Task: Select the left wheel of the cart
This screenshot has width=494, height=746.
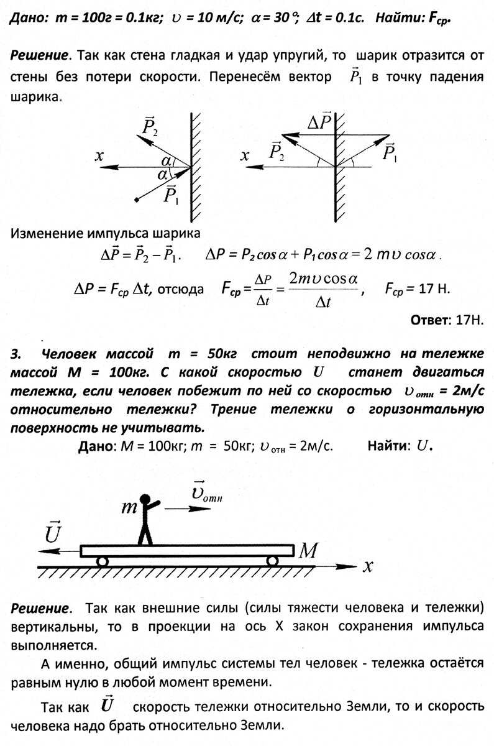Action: [102, 561]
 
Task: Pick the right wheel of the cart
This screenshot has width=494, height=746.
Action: [272, 561]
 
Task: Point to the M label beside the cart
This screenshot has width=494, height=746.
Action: [309, 549]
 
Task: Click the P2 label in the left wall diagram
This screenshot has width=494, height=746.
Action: [150, 128]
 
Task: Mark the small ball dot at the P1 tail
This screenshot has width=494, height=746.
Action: [136, 200]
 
